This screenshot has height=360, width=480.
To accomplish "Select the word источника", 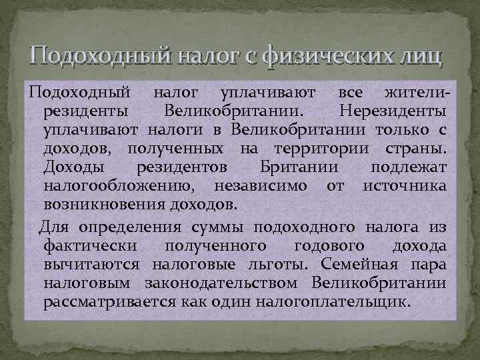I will point(405,183).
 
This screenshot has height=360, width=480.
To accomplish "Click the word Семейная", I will point(363,265).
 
